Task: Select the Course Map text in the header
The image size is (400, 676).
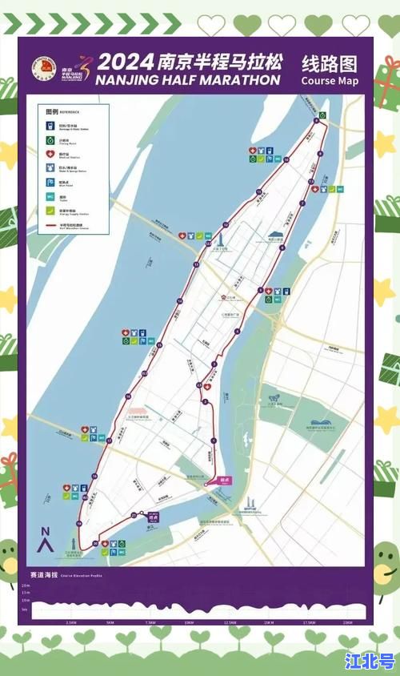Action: pyautogui.click(x=330, y=81)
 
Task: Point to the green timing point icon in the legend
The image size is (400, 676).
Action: pyautogui.click(x=50, y=140)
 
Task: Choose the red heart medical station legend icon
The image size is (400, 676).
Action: pyautogui.click(x=50, y=154)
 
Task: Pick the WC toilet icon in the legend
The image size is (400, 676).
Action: pyautogui.click(x=50, y=196)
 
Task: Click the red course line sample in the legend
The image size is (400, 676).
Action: pyautogui.click(x=50, y=226)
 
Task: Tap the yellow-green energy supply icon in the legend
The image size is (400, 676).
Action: pyautogui.click(x=50, y=211)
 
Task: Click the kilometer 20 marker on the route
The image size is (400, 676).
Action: pyautogui.click(x=94, y=544)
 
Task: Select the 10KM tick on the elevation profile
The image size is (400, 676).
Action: pyautogui.click(x=189, y=622)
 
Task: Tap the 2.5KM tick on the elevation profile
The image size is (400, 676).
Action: pyautogui.click(x=70, y=622)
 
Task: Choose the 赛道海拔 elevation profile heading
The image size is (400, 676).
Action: pyautogui.click(x=44, y=575)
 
